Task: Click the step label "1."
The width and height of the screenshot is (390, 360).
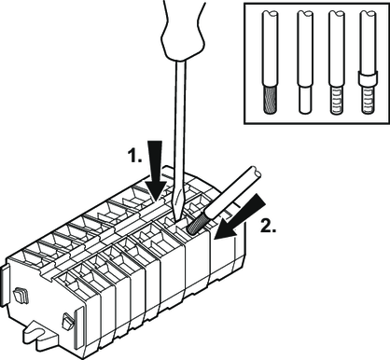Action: point(134,155)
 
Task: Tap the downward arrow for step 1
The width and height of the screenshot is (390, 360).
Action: point(154,172)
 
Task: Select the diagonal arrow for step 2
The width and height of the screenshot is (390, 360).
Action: point(240,216)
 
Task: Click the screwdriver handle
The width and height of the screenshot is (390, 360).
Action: point(184,30)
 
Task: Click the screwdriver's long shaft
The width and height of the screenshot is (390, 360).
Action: point(179,131)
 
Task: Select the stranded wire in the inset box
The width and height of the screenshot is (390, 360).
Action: point(270,62)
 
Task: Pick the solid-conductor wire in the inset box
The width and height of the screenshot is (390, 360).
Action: point(305,62)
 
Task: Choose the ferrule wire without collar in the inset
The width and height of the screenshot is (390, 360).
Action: point(337,62)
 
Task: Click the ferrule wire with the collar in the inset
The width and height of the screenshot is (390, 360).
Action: point(368,62)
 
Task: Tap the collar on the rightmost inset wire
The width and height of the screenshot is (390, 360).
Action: point(368,78)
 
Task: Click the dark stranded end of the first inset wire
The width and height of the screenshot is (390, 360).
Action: point(270,100)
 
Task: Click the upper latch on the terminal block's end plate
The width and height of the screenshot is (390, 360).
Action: point(20,296)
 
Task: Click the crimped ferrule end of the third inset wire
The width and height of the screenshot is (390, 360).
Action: point(337,100)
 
